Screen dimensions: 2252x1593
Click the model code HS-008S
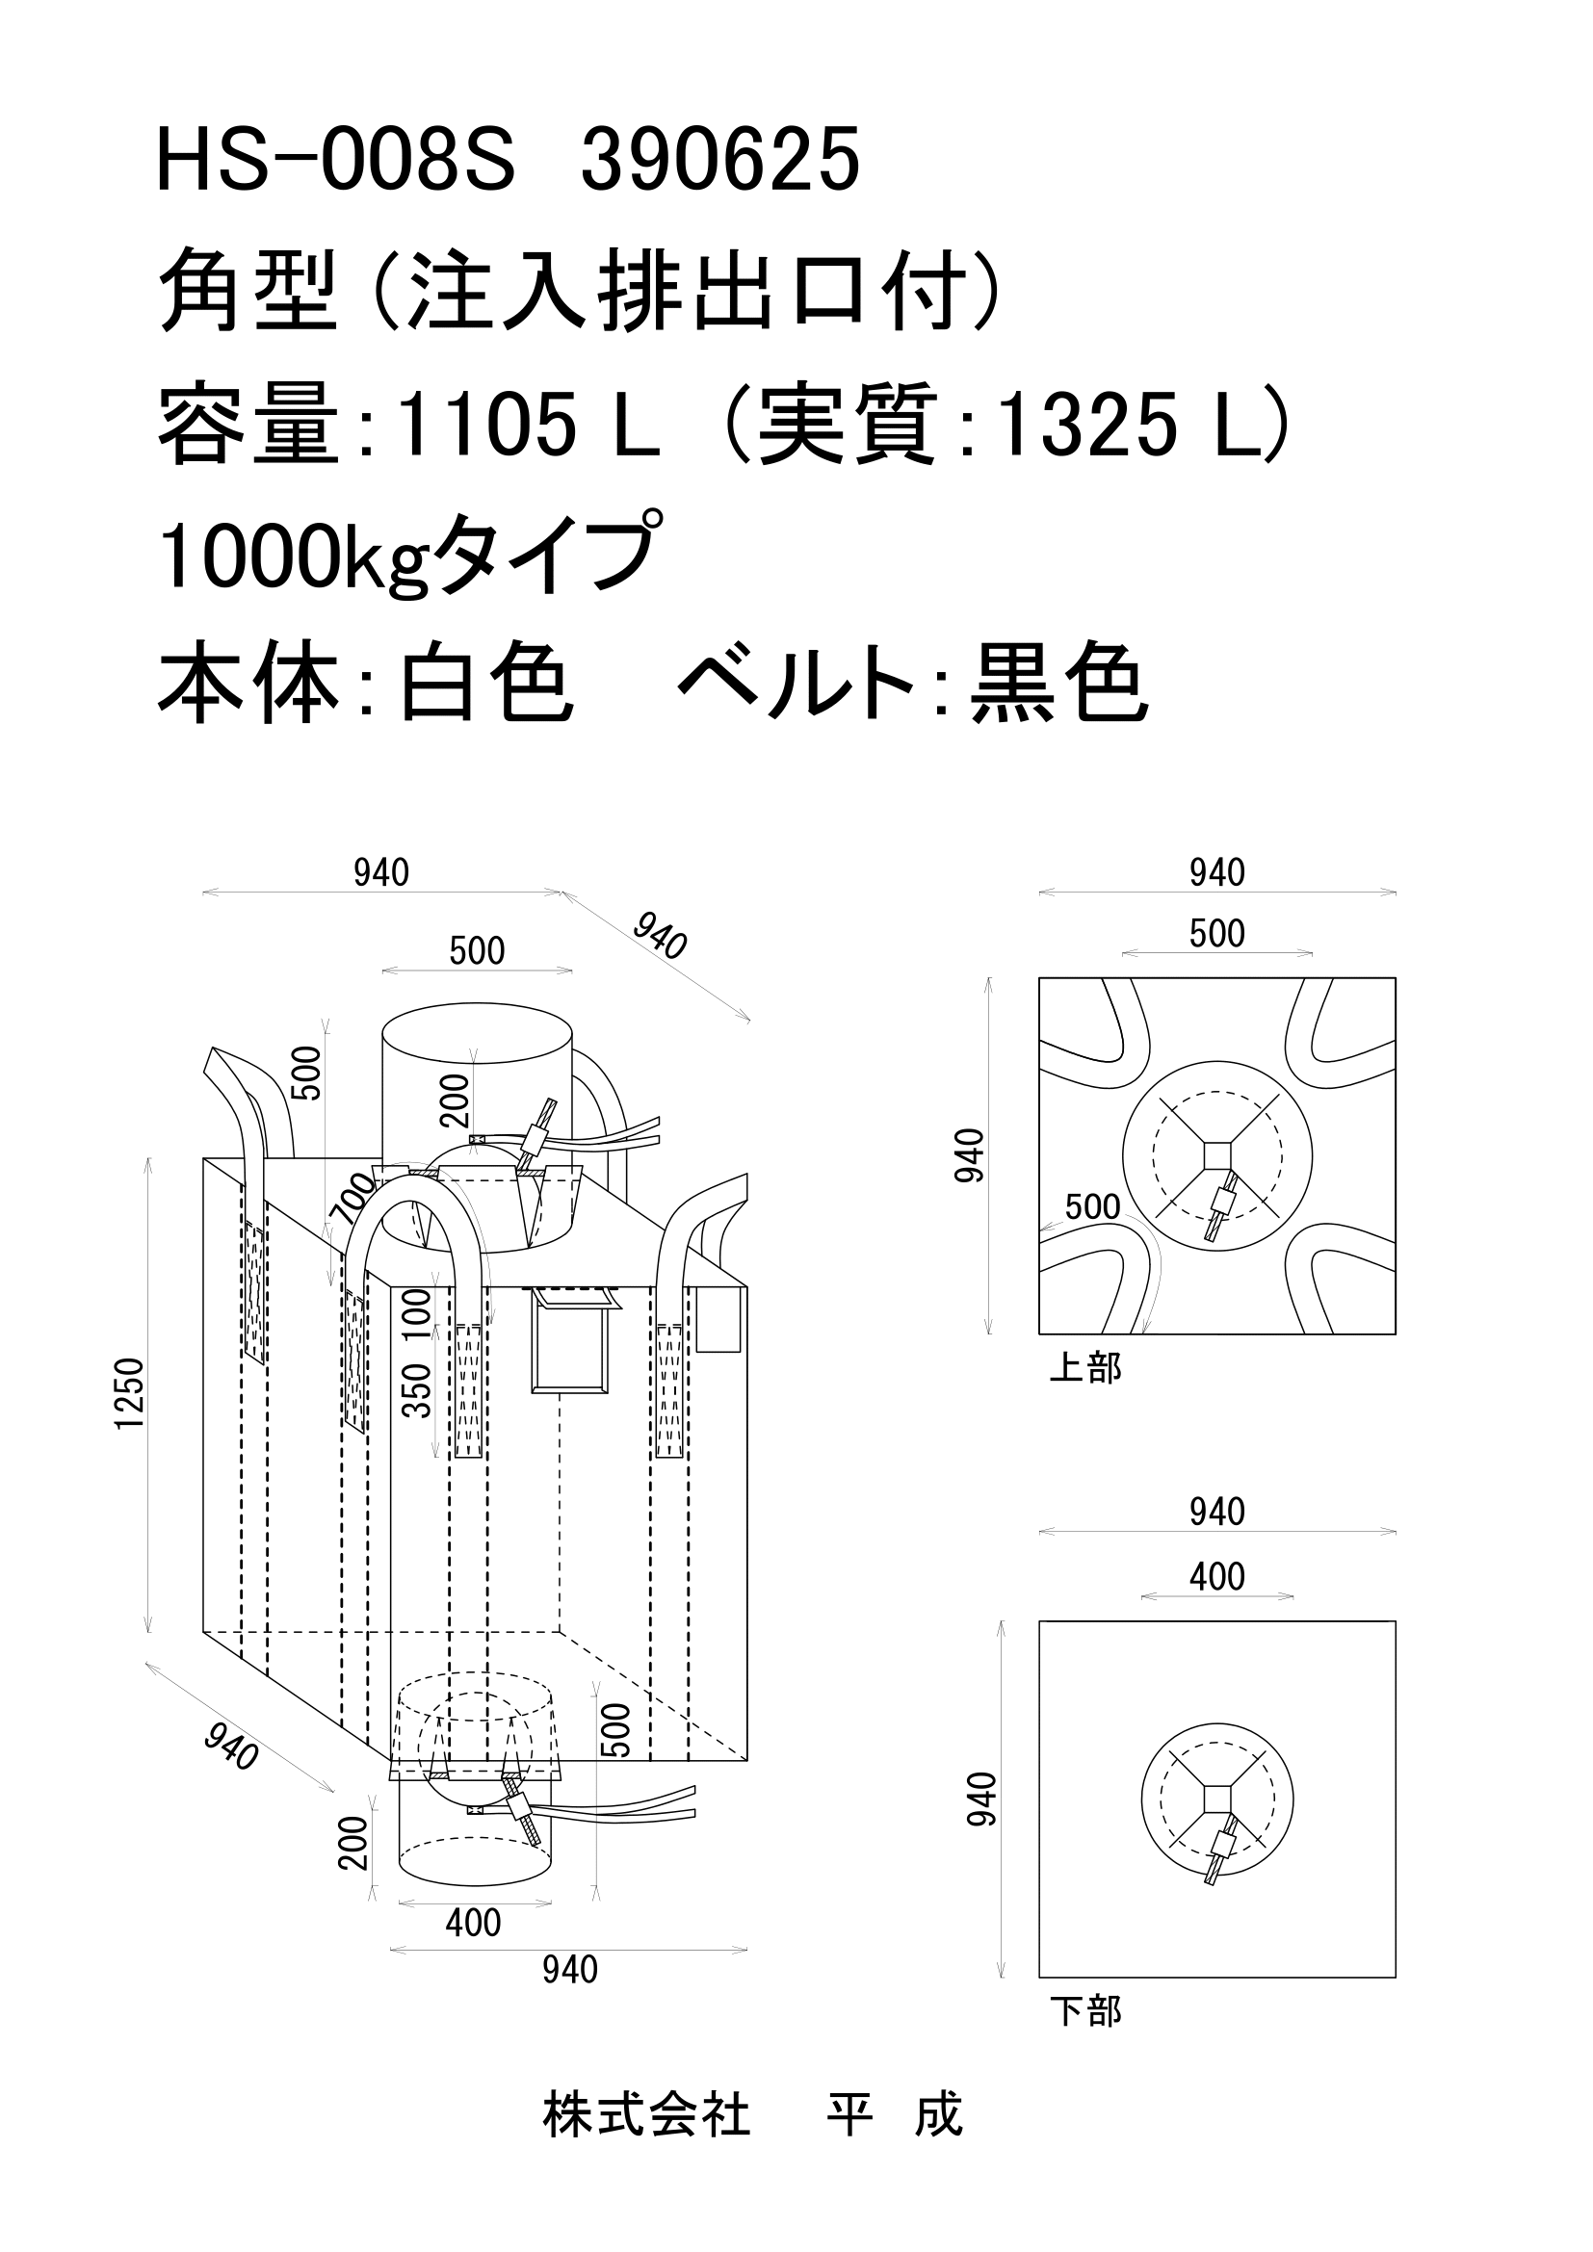coord(334,161)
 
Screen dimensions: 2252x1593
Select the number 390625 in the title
coord(720,161)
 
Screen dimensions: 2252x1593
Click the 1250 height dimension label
coord(129,1394)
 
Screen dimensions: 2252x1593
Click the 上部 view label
coord(1084,1367)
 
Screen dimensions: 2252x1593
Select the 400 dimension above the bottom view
coord(1216,1576)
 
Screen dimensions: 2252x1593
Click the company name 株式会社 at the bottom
coord(646,2113)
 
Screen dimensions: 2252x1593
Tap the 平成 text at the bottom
coord(894,2113)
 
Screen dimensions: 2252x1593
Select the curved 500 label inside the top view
coord(1092,1206)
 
